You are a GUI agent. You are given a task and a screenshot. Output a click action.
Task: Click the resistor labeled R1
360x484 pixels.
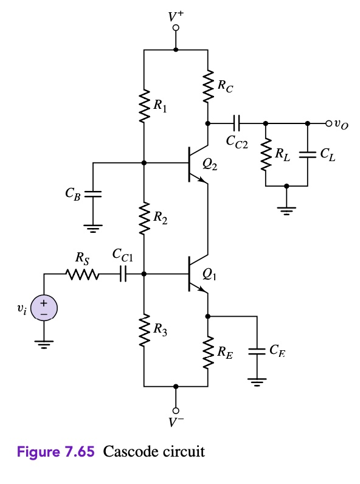coord(144,107)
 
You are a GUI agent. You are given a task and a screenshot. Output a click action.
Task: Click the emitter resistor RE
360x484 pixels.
coord(208,352)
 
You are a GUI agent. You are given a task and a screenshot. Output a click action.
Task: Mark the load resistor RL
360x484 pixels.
coord(266,155)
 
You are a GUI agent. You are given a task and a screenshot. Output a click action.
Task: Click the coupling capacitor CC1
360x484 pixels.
coord(122,274)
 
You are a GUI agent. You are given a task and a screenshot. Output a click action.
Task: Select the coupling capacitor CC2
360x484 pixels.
coord(237,123)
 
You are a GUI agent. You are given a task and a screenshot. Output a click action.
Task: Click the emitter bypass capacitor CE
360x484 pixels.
coord(257,351)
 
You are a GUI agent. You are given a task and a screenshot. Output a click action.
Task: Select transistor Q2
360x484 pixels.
coord(196,164)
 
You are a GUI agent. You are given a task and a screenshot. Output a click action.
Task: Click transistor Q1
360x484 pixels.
coord(196,274)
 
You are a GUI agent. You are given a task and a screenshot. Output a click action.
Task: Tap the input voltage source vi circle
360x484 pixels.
coord(44,306)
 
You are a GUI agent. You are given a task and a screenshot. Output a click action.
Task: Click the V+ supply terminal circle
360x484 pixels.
coord(176,28)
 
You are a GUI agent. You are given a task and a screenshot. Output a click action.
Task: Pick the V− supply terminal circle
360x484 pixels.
coord(176,409)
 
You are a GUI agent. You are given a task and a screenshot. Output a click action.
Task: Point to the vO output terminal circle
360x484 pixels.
coord(329,123)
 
